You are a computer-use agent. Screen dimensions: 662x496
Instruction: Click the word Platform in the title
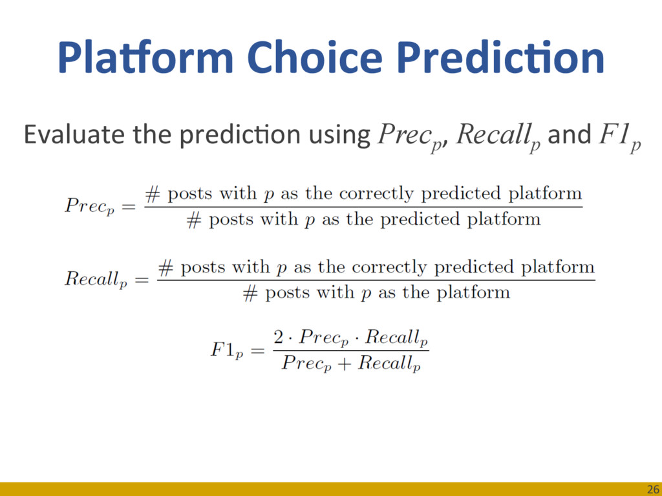click(145, 57)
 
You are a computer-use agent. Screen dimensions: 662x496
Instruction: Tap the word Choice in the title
click(315, 57)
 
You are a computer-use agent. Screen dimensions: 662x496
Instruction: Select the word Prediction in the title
click(500, 57)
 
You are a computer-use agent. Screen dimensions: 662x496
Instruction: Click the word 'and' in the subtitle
click(569, 134)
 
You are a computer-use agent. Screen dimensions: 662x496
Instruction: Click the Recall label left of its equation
click(96, 279)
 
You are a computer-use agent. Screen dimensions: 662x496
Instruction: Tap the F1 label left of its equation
click(227, 351)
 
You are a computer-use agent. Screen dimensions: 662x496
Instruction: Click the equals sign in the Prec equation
click(129, 207)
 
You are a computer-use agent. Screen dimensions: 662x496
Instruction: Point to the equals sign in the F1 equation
click(258, 351)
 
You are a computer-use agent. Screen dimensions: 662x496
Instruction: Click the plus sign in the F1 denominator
click(345, 364)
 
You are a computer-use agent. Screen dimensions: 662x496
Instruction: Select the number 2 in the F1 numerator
click(279, 337)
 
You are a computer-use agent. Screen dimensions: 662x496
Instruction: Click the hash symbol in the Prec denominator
click(194, 220)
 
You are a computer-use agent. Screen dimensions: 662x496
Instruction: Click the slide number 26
click(653, 490)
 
